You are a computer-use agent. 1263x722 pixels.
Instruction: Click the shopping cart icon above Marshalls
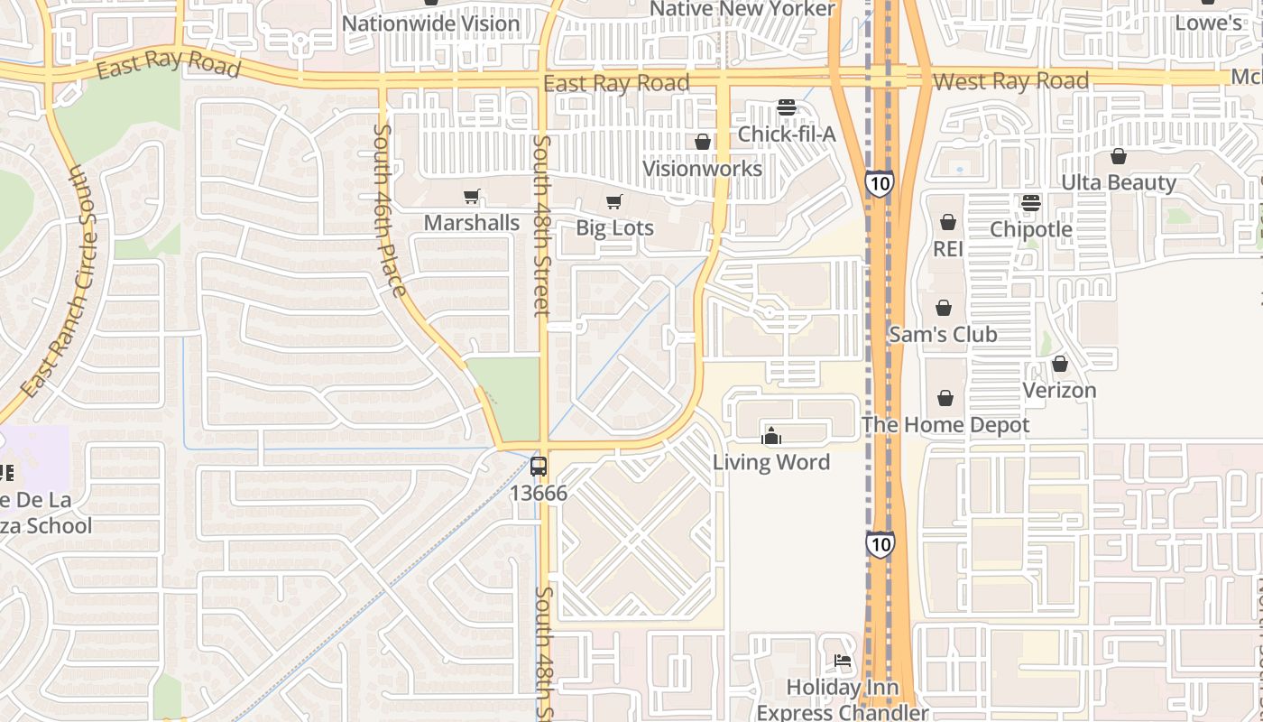pyautogui.click(x=471, y=196)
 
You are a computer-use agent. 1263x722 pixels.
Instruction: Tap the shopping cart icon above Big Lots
pyautogui.click(x=614, y=201)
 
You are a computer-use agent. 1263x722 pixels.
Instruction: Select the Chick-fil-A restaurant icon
pyautogui.click(x=787, y=107)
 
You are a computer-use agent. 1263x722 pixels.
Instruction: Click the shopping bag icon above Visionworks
pyautogui.click(x=703, y=142)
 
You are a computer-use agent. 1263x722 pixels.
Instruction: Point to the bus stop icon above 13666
pyautogui.click(x=539, y=467)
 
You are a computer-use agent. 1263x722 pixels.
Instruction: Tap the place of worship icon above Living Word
pyautogui.click(x=771, y=437)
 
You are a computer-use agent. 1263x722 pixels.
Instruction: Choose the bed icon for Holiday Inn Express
pyautogui.click(x=843, y=661)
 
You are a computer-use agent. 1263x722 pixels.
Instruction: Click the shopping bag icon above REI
pyautogui.click(x=948, y=222)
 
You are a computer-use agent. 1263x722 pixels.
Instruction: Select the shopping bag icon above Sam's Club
pyautogui.click(x=944, y=308)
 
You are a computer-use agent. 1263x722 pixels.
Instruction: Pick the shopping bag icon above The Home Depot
pyautogui.click(x=945, y=398)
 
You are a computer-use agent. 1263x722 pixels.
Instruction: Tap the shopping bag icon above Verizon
pyautogui.click(x=1060, y=364)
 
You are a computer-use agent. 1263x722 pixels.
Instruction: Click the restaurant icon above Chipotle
pyautogui.click(x=1031, y=202)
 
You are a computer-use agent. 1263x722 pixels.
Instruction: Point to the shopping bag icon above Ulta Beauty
pyautogui.click(x=1119, y=156)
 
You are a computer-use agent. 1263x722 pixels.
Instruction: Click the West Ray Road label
pyautogui.click(x=1010, y=81)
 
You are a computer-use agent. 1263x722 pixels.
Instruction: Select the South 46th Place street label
pyautogui.click(x=389, y=210)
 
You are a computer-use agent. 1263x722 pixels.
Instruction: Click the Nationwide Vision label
pyautogui.click(x=431, y=23)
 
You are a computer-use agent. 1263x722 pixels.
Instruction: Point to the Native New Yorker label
pyautogui.click(x=742, y=9)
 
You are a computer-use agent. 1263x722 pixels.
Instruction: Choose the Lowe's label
pyautogui.click(x=1209, y=23)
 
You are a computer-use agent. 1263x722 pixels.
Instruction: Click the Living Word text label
pyautogui.click(x=771, y=462)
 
